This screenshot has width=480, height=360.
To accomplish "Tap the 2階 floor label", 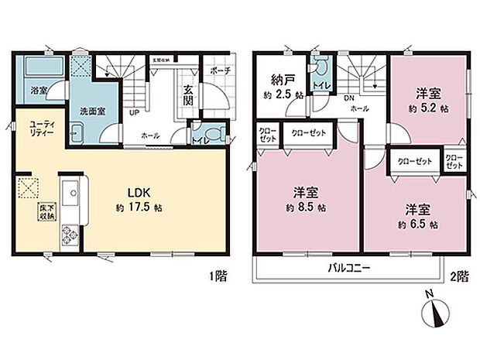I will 460,274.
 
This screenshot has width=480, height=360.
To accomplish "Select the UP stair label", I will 133,111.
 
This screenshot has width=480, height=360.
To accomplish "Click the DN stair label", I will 350,98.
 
